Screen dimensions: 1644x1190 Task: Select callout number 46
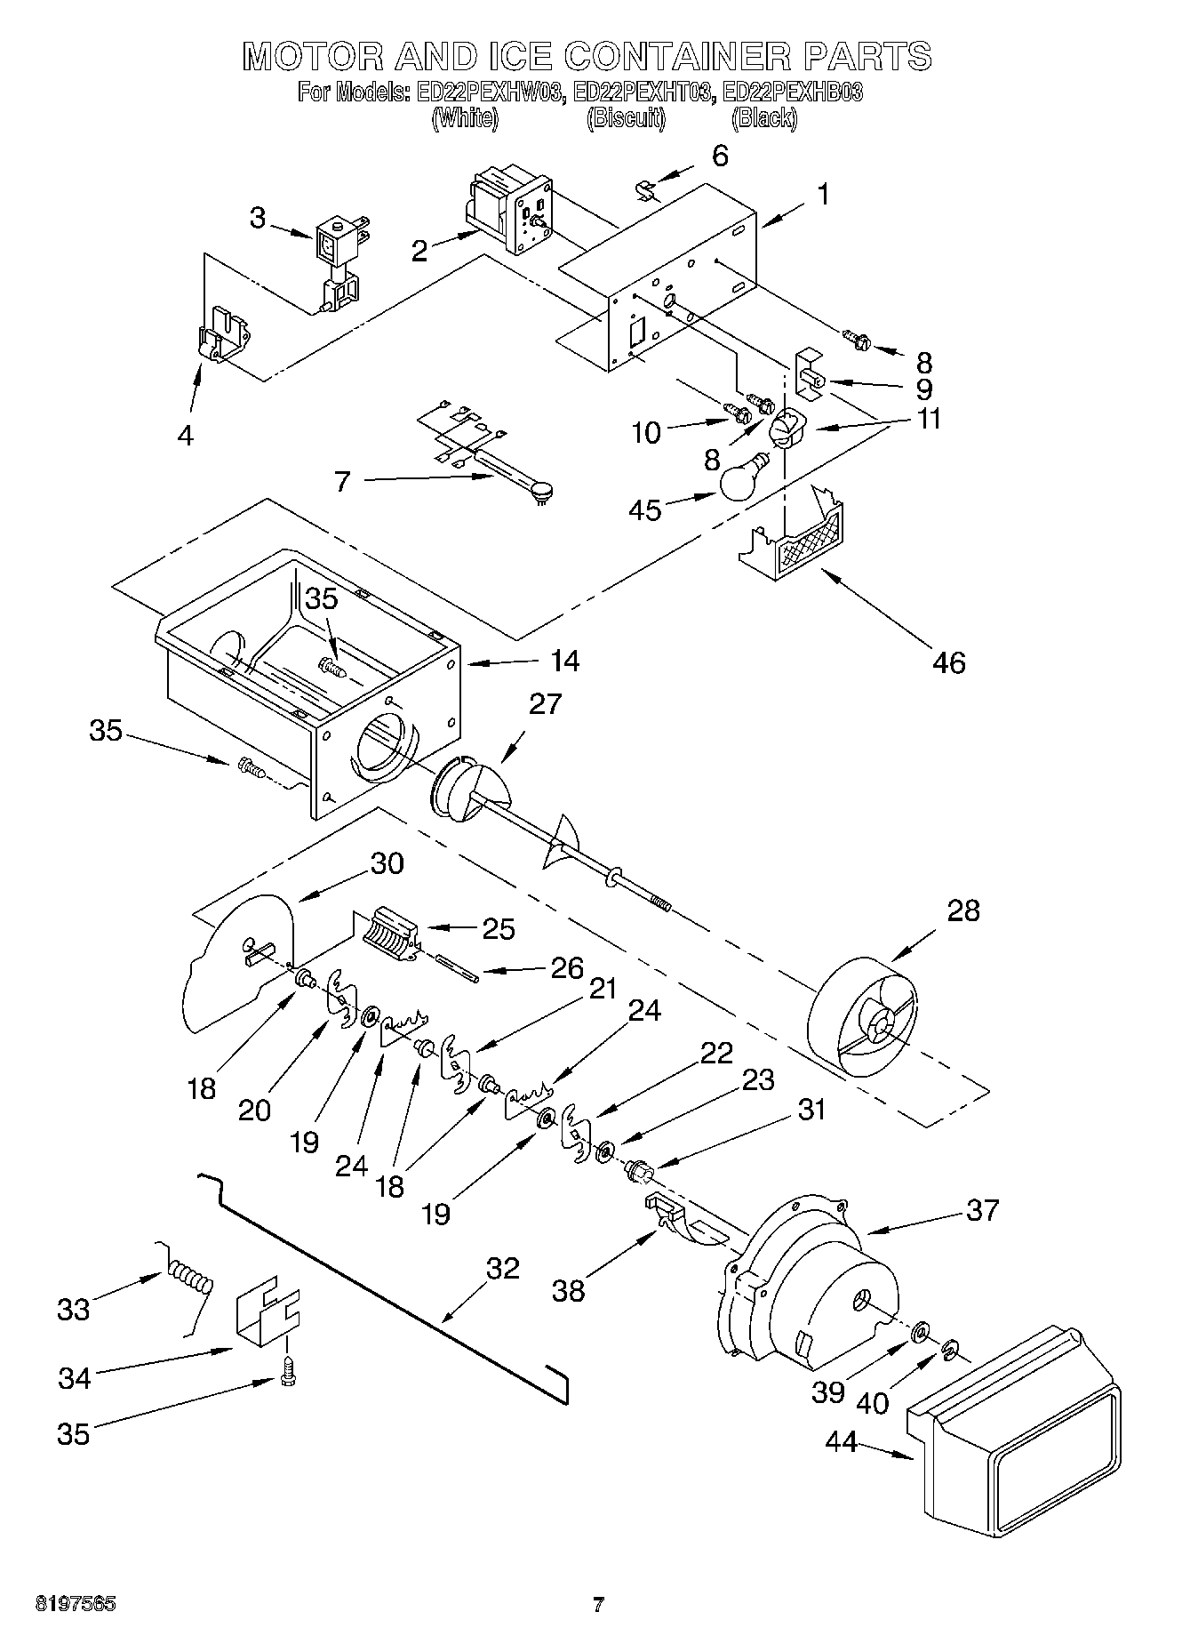949,662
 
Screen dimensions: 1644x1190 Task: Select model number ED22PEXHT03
643,92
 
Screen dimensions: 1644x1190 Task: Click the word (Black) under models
764,118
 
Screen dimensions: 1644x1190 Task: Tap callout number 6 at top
720,156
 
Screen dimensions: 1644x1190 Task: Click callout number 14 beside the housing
565,661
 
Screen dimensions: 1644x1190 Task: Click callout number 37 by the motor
982,1209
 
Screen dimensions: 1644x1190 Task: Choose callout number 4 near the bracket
185,435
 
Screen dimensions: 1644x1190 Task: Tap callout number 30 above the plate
387,863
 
